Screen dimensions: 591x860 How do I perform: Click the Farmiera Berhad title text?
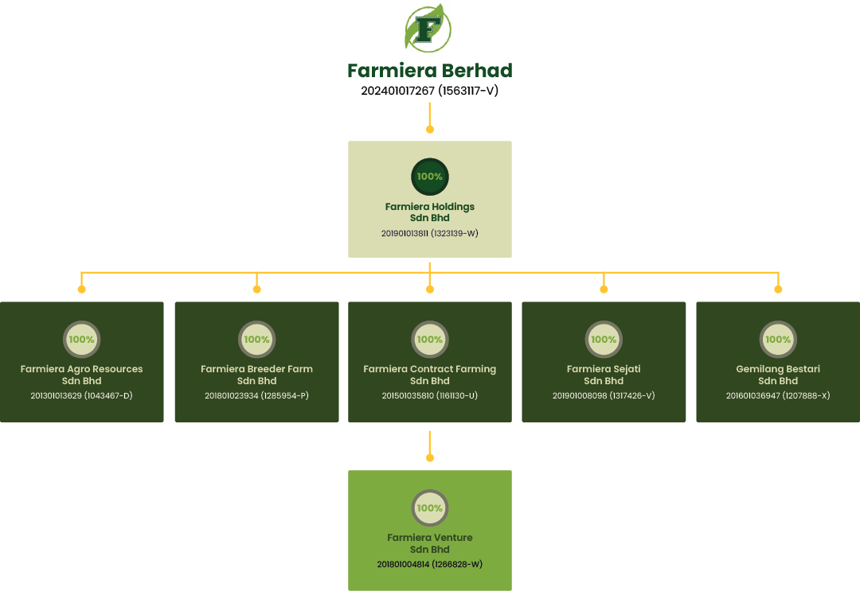430,71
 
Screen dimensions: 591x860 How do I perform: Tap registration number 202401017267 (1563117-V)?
430,91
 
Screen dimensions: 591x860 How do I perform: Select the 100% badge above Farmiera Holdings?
430,177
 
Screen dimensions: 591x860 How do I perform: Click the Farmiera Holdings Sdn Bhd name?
430,212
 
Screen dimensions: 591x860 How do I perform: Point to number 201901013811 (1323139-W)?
430,234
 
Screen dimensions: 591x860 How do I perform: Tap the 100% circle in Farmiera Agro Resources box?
81,340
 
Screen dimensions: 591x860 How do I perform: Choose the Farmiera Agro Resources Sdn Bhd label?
81,375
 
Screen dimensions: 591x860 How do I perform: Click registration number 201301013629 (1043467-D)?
81,395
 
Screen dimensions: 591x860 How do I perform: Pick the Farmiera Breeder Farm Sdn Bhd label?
256,375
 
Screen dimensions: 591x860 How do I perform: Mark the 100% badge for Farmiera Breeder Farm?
256,340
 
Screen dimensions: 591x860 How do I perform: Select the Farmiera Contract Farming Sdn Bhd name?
430,375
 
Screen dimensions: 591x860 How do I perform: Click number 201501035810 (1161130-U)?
430,395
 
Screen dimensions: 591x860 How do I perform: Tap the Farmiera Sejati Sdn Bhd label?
604,375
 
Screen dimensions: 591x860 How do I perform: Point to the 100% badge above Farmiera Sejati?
604,340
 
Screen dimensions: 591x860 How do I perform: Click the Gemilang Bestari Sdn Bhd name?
778,375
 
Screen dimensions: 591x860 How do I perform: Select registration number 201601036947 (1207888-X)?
778,395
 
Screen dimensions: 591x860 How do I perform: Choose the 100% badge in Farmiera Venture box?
430,508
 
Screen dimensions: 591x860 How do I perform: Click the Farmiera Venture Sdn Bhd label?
430,543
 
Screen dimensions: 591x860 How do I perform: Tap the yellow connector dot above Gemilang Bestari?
778,289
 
